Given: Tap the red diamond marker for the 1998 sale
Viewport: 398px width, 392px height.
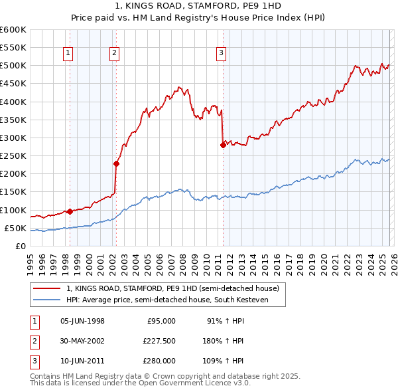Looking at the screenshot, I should pyautogui.click(x=70, y=211).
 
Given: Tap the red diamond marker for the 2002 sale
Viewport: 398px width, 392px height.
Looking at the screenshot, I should pyautogui.click(x=116, y=163).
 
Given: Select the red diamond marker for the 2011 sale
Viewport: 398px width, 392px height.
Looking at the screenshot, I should pyautogui.click(x=222, y=145).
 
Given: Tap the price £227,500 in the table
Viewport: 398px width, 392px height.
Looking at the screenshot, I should pyautogui.click(x=159, y=341).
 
